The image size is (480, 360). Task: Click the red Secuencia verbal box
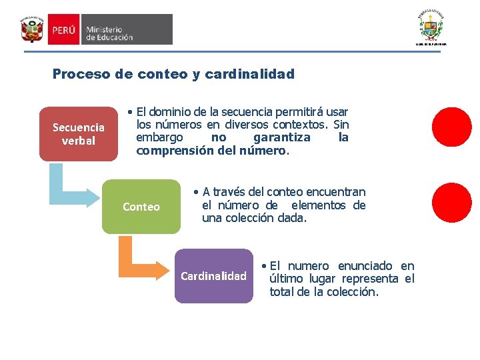[78, 134]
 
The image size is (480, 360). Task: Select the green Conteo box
[141, 207]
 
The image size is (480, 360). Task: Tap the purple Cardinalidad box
[213, 276]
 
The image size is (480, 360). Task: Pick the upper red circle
[451, 127]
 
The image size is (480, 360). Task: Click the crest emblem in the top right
[430, 26]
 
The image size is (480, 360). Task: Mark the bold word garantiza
[282, 137]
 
